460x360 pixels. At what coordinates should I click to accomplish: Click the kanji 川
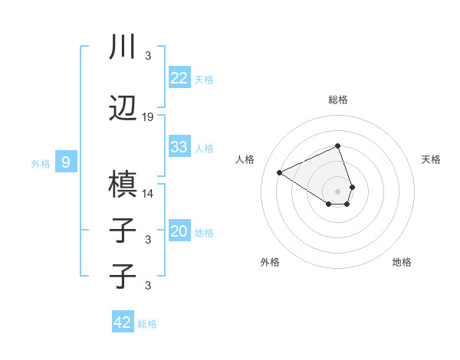122,47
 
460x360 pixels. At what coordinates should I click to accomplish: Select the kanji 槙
123,185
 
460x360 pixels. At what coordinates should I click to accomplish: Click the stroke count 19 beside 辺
148,117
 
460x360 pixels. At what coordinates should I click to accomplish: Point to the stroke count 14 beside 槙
148,193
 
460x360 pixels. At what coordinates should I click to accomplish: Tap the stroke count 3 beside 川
148,56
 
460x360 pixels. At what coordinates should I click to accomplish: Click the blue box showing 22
179,78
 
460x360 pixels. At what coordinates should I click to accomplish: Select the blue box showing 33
179,147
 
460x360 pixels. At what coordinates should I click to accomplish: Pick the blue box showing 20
179,231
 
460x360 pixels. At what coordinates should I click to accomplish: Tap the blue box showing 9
66,162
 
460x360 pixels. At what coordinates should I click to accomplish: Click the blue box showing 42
123,322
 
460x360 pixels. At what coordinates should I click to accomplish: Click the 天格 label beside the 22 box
204,79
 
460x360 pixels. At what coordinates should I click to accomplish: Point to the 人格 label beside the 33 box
204,148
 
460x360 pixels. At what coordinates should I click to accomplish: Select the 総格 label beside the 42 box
147,323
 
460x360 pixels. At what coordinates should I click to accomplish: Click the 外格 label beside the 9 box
41,163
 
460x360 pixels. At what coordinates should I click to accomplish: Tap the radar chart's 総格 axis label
337,100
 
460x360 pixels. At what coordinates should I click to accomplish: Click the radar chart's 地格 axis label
402,262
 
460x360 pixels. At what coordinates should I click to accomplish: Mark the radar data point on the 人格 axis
280,173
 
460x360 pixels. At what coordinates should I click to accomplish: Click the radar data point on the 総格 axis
337,146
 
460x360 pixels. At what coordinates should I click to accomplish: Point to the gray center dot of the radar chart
337,191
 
